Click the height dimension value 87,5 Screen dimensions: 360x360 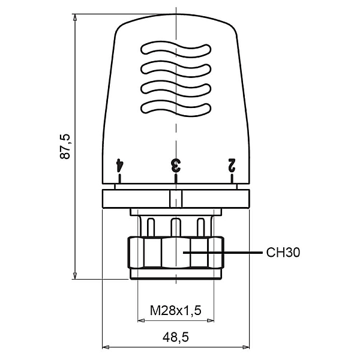click(x=66, y=146)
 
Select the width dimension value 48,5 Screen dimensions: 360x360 click(x=176, y=338)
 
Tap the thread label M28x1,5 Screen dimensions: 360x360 click(x=175, y=310)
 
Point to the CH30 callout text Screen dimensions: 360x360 click(x=283, y=253)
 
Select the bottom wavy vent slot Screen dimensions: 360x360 click(x=176, y=108)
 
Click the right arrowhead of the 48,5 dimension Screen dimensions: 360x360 click(x=246, y=347)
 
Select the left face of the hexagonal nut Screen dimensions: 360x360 click(x=136, y=253)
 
